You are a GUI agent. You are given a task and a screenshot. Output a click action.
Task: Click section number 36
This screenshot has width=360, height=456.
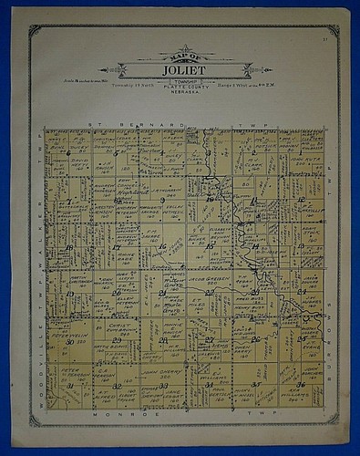click(302, 387)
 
